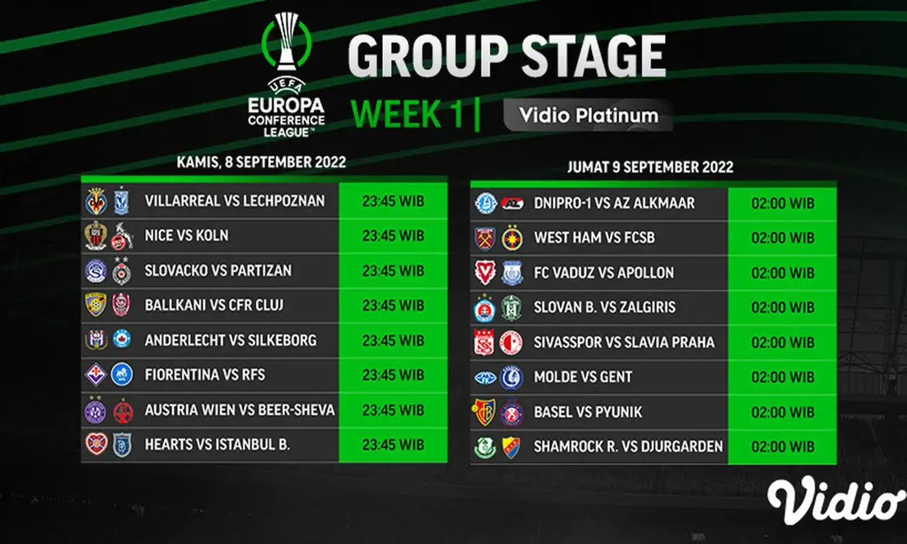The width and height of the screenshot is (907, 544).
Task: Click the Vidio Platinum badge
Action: coord(588,115)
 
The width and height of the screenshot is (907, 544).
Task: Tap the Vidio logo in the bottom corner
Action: coord(836,500)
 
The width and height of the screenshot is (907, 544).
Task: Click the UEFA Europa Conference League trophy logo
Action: coord(286,75)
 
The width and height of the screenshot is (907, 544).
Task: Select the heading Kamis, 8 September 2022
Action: coord(261,163)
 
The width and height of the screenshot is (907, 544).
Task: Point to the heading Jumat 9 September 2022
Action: coord(650,167)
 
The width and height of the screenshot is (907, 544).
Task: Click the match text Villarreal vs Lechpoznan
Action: coord(235,201)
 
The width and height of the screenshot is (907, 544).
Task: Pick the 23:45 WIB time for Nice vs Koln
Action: coord(393,236)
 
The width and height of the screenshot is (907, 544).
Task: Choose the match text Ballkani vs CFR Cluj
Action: coord(214,305)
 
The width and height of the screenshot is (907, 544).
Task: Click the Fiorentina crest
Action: coord(96,374)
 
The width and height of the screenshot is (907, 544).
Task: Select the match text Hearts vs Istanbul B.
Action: coord(218,444)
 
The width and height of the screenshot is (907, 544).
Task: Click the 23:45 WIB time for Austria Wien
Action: coord(393,410)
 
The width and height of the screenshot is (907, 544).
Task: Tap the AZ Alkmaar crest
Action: coord(512,203)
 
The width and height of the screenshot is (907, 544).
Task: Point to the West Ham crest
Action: coord(485,238)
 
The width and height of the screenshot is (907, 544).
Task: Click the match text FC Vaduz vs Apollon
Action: coord(603,273)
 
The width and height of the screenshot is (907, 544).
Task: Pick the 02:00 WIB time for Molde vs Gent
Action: coord(782,377)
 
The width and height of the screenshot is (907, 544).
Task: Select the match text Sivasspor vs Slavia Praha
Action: coord(624,343)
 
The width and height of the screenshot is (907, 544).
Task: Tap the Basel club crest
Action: coord(484,412)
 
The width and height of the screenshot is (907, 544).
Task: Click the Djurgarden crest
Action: coord(511,447)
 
